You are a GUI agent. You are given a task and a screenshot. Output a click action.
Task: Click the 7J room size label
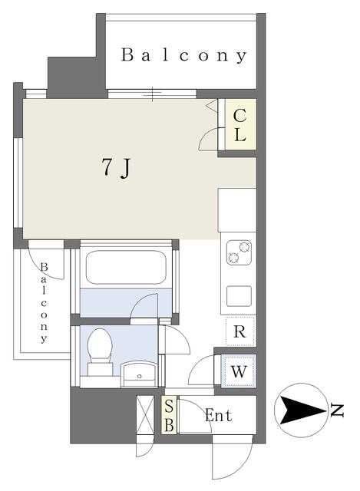[x=116, y=168]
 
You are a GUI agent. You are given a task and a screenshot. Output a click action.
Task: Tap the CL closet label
[x=239, y=126]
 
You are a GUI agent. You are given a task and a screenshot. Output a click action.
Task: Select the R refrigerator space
[x=240, y=331]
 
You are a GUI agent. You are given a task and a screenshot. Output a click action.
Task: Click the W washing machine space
[x=239, y=371]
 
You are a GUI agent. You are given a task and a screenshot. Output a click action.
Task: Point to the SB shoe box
[x=169, y=416]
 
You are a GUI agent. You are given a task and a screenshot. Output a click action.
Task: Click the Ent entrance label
[x=219, y=416]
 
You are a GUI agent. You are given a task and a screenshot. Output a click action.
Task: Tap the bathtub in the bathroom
[x=126, y=267]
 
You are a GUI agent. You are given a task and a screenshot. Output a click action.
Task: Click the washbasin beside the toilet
[x=140, y=374]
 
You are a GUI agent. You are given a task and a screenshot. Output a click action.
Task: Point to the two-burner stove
[x=239, y=252]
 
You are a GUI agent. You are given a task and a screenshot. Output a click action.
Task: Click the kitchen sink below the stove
[x=239, y=296]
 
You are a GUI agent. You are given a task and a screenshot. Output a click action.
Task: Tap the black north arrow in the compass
[x=302, y=410]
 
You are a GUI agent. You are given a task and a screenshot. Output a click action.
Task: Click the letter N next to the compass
[x=337, y=410]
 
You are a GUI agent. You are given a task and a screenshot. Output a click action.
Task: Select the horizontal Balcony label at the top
[x=184, y=55]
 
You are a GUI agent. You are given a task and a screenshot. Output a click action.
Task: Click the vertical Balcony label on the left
[x=44, y=302]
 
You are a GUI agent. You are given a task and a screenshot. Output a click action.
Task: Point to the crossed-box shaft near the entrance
[x=145, y=415]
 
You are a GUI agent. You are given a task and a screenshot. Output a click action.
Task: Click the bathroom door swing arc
[x=144, y=305]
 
